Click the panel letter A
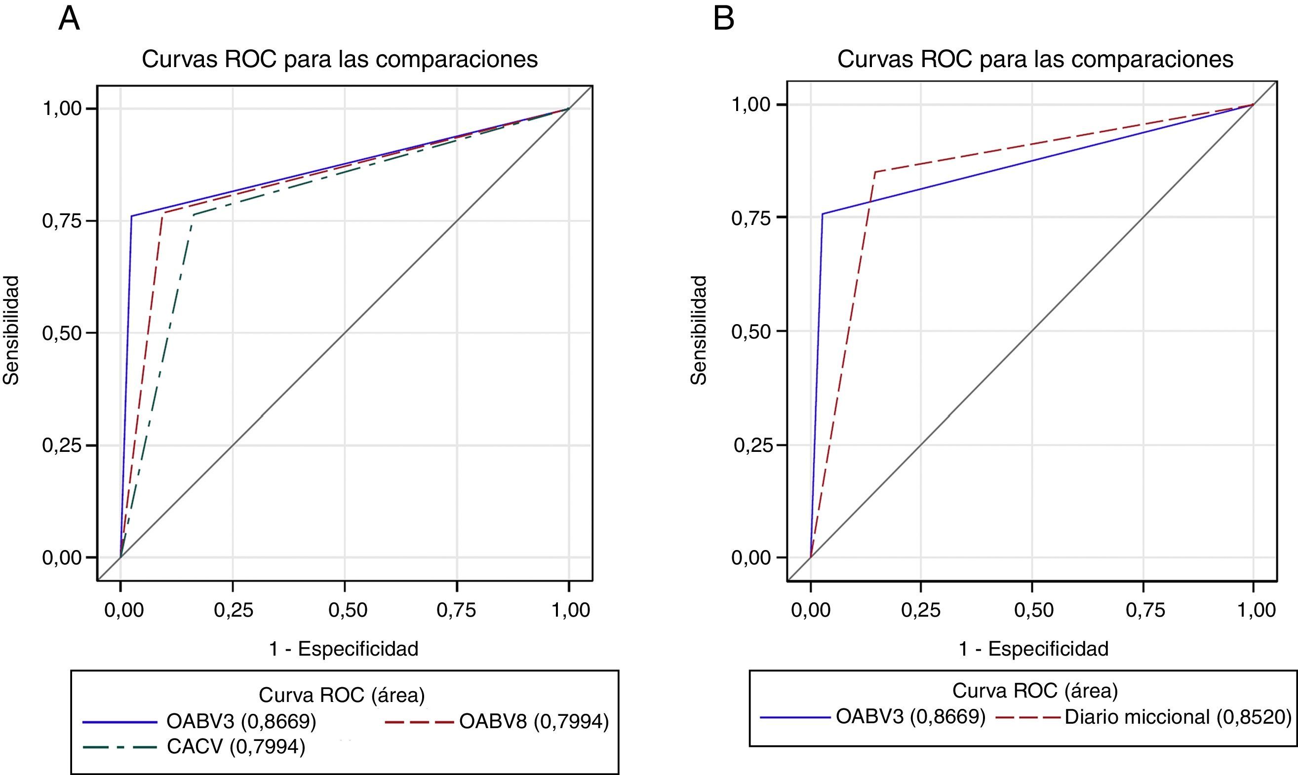pyautogui.click(x=69, y=19)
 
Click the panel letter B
pyautogui.click(x=724, y=19)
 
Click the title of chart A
pyautogui.click(x=340, y=60)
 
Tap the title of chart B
pyautogui.click(x=1035, y=60)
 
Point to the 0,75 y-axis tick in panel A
pyautogui.click(x=62, y=221)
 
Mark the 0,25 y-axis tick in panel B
pyautogui.click(x=752, y=445)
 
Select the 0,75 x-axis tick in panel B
pyautogui.click(x=1145, y=610)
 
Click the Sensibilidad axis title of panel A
pyautogui.click(x=11, y=330)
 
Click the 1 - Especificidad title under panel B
pyautogui.click(x=1033, y=649)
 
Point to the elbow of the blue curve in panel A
pyautogui.click(x=131, y=216)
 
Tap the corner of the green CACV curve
pyautogui.click(x=194, y=215)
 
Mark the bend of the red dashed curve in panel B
pyautogui.click(x=875, y=171)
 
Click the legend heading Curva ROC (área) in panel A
pyautogui.click(x=342, y=695)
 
